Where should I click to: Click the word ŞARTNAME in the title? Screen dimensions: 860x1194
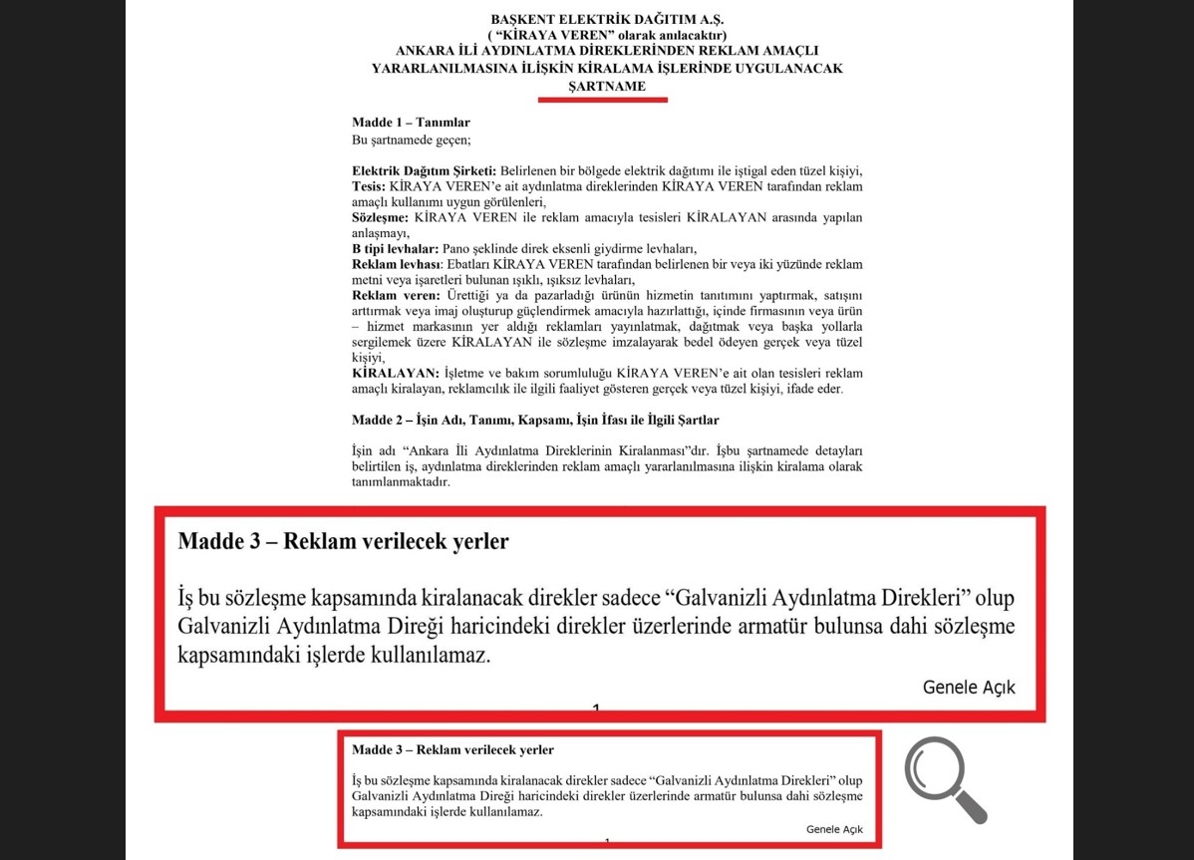(606, 86)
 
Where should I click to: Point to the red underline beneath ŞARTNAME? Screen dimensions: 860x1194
(602, 99)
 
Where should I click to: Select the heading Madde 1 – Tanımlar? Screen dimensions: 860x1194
(411, 123)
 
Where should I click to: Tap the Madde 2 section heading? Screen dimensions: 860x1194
(535, 421)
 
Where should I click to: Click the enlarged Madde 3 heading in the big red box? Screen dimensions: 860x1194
(343, 541)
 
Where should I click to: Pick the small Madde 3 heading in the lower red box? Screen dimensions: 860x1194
(452, 749)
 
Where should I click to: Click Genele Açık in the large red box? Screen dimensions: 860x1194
(968, 688)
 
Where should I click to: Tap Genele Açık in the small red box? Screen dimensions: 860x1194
(834, 829)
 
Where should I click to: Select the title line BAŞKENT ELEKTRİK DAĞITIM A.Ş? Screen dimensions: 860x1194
(606, 20)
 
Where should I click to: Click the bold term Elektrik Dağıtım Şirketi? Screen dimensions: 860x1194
(424, 170)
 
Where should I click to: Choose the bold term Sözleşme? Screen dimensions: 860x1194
(380, 217)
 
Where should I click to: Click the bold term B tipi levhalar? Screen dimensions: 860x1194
(396, 248)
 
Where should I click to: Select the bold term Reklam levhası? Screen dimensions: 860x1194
(395, 264)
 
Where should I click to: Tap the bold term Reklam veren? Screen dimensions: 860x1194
(395, 296)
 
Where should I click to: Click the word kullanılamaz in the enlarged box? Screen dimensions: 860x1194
(432, 656)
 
